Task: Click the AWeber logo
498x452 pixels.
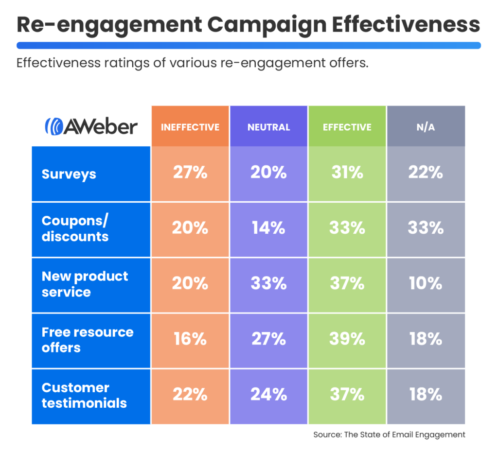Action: tap(91, 126)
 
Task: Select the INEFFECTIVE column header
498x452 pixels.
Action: tap(190, 126)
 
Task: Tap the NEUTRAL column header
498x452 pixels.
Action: tap(268, 126)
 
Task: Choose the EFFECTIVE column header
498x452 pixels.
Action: tap(347, 126)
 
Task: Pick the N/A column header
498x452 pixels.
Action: tap(426, 126)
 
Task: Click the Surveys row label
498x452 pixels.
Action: tap(69, 174)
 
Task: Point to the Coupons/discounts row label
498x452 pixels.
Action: tap(75, 228)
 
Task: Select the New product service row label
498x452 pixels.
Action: tap(85, 284)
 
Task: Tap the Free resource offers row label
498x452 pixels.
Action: tap(88, 340)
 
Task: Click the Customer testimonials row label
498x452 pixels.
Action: tap(84, 395)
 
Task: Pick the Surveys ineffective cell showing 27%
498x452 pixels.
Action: tap(190, 174)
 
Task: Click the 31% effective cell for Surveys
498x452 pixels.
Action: tap(347, 174)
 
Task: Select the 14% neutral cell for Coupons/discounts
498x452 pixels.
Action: tap(268, 229)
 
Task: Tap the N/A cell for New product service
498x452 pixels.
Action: tap(426, 285)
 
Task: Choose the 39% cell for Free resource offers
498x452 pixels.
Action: tap(347, 341)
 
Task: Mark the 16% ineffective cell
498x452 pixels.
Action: tap(190, 341)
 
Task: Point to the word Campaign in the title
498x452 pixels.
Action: tap(267, 25)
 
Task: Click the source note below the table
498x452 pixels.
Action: tap(389, 435)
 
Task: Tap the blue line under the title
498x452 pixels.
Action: tap(249, 45)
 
